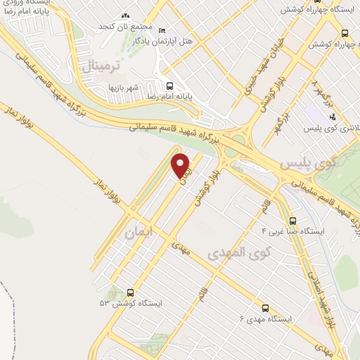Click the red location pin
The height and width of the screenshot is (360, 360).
coord(181,165)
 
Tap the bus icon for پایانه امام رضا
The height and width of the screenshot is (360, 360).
coord(169,86)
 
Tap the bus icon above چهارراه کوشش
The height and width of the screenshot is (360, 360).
coord(344,33)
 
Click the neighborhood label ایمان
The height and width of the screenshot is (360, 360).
coord(138,233)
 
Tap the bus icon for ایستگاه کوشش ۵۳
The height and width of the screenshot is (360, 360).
coord(130,292)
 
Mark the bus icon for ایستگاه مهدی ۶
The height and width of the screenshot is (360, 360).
coord(265,308)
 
